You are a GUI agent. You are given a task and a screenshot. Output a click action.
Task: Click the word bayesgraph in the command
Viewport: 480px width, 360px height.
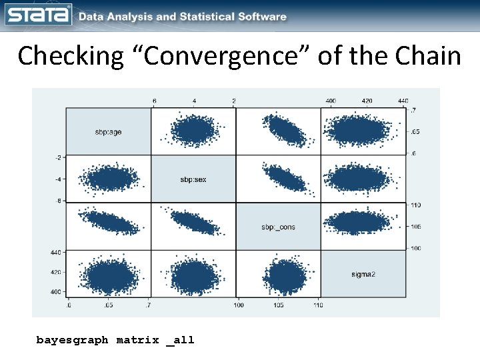pyautogui.click(x=72, y=340)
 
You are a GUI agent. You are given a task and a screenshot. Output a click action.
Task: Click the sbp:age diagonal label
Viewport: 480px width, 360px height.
pyautogui.click(x=109, y=132)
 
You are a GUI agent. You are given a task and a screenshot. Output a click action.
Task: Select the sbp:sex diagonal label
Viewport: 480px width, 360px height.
pyautogui.click(x=193, y=179)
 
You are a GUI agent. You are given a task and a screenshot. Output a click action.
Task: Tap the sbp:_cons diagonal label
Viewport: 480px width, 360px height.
pyautogui.click(x=278, y=227)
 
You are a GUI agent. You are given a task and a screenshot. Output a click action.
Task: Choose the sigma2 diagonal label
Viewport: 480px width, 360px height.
pyautogui.click(x=363, y=274)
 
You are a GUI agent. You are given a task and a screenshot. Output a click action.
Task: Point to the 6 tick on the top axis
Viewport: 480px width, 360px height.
pyautogui.click(x=155, y=101)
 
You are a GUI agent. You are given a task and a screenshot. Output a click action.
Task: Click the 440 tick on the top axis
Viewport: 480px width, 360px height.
pyautogui.click(x=403, y=101)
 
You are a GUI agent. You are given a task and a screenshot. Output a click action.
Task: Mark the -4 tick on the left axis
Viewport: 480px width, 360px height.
pyautogui.click(x=58, y=179)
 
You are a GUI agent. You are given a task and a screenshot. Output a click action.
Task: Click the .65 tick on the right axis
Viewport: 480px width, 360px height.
pyautogui.click(x=415, y=132)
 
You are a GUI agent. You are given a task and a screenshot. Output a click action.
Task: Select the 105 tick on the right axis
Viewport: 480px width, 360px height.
pyautogui.click(x=416, y=227)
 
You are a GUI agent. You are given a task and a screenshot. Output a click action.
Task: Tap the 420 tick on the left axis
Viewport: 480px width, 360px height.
pyautogui.click(x=56, y=272)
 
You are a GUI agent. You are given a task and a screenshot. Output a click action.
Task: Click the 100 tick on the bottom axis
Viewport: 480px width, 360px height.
pyautogui.click(x=238, y=305)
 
